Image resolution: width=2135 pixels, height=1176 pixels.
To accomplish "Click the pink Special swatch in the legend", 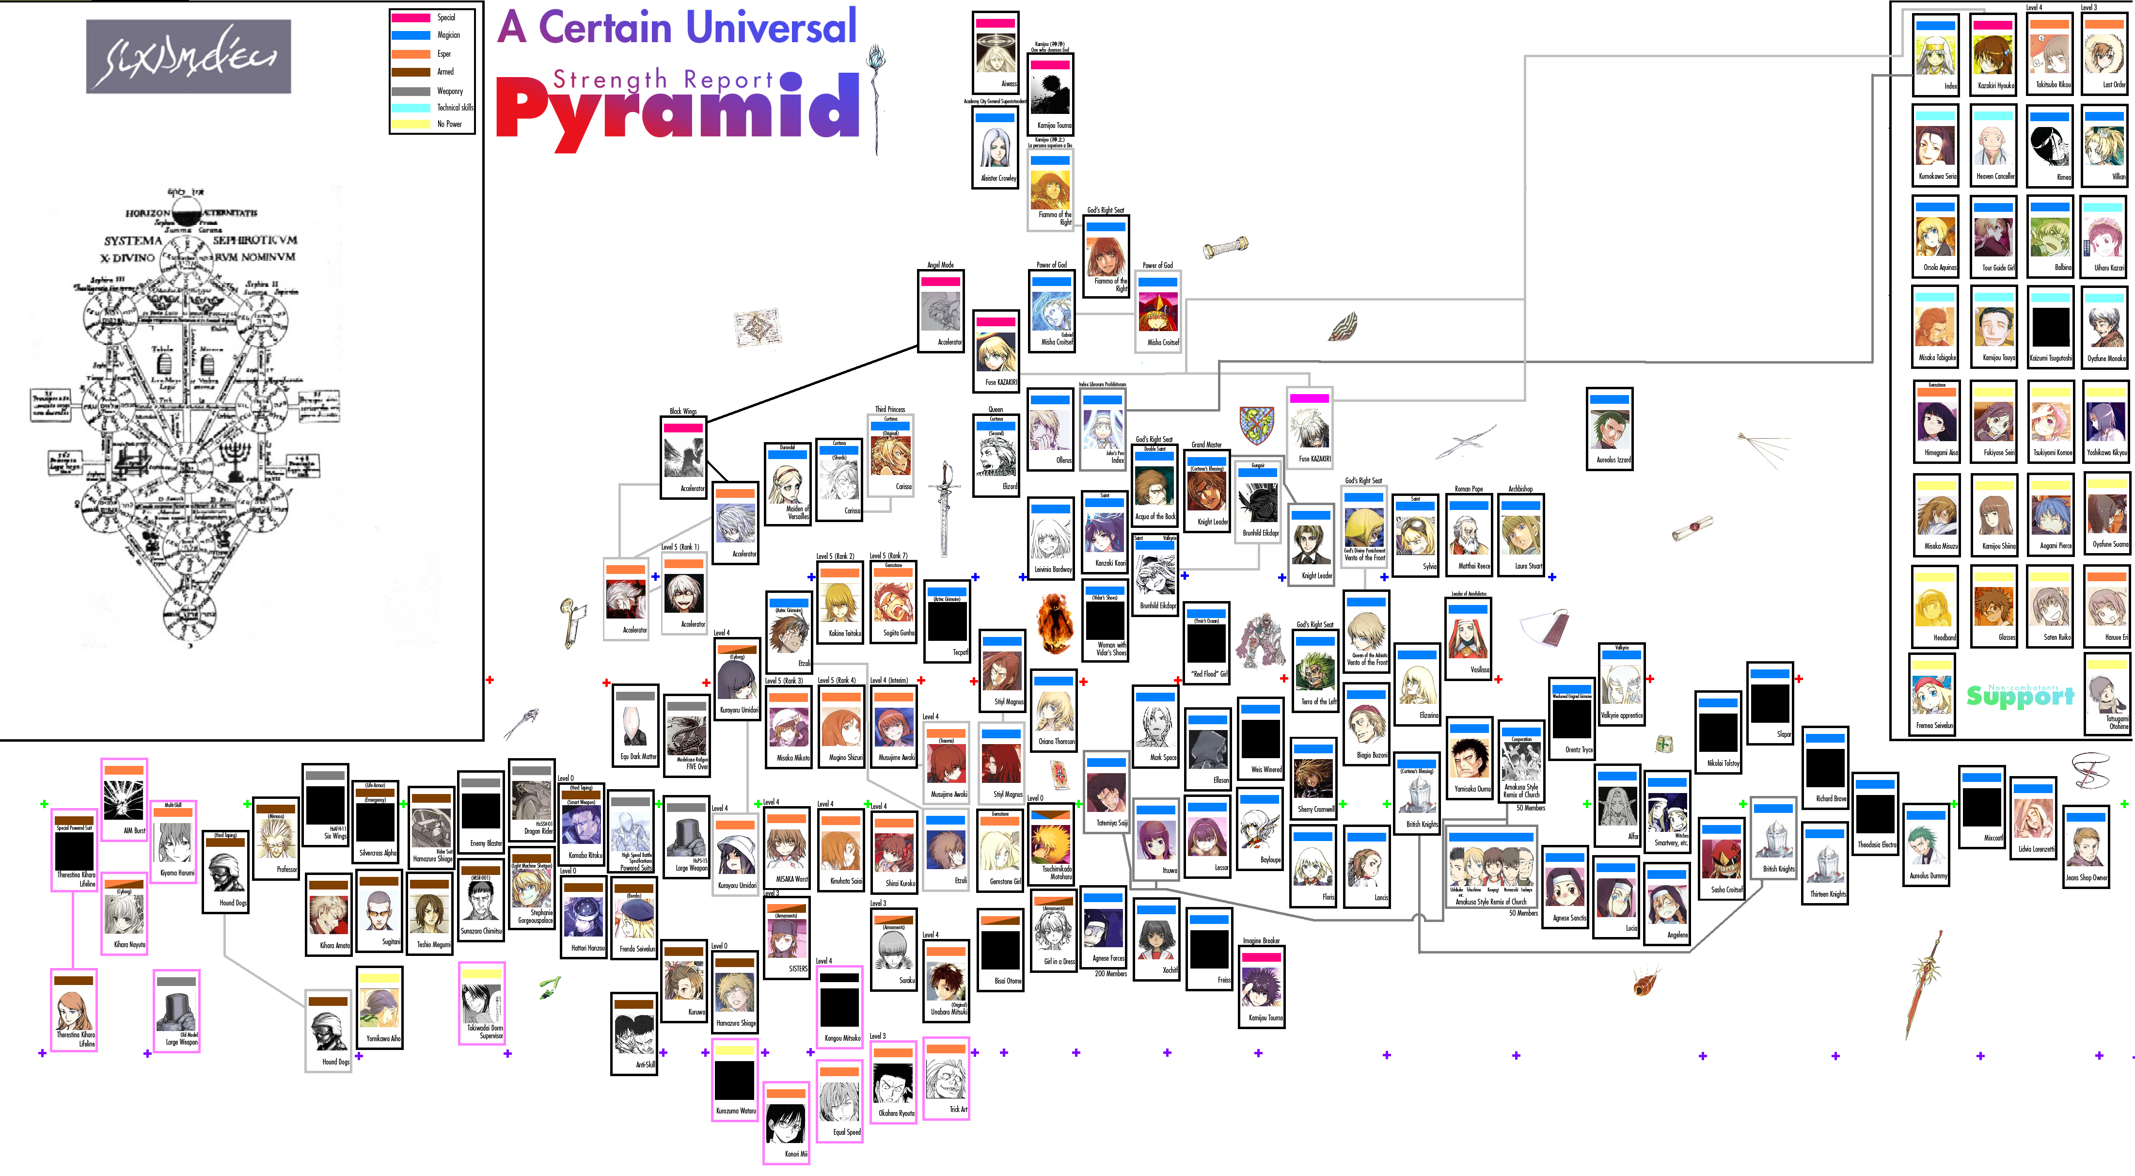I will (x=410, y=17).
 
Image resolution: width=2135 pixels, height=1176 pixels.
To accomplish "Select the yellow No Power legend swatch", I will (x=410, y=124).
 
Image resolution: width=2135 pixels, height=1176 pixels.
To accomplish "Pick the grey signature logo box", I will (x=188, y=56).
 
